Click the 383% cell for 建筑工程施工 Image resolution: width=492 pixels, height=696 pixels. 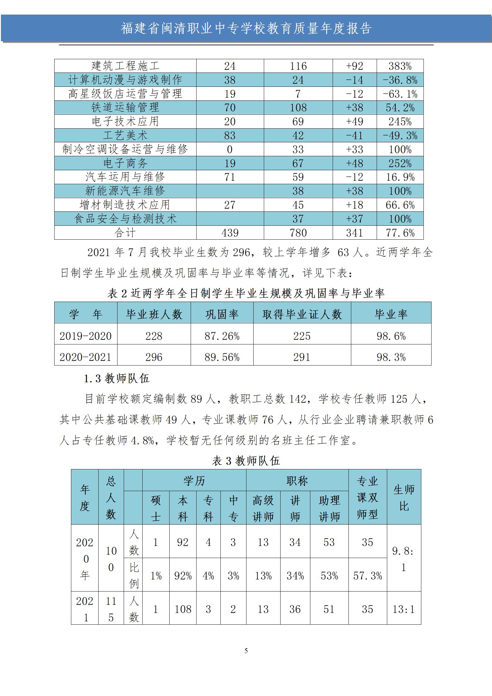tap(400, 66)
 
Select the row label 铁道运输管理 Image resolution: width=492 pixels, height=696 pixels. tap(125, 108)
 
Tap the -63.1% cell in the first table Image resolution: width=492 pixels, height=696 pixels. tap(400, 94)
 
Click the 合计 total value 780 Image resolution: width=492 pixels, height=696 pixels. tap(298, 233)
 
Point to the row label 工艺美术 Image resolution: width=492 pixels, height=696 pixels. tap(125, 135)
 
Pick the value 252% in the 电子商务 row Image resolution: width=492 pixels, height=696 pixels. tap(400, 163)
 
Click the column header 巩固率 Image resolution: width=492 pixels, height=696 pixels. tap(222, 314)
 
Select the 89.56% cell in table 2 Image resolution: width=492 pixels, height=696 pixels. tap(222, 357)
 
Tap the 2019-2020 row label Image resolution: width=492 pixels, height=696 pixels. tap(86, 336)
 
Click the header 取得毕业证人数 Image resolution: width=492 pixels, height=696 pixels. tap(302, 314)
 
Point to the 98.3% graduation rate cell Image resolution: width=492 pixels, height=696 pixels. tap(391, 357)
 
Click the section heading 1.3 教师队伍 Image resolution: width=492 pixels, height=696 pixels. tap(117, 379)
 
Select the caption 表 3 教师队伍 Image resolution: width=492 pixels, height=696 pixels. tap(246, 461)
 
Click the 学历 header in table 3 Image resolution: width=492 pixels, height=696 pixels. tap(194, 481)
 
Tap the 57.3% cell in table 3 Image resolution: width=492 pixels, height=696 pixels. tap(367, 576)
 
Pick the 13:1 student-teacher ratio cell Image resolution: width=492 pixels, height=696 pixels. tap(404, 610)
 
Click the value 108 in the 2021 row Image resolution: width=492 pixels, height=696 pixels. tap(183, 610)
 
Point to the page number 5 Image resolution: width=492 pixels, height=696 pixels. tap(246, 651)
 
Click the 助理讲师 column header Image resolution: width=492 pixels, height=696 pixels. tap(329, 508)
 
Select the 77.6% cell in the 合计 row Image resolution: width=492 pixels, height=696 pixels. tap(400, 233)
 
